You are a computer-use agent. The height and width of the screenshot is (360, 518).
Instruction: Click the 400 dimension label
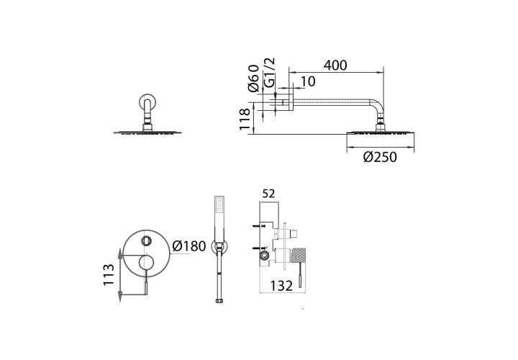point(335,66)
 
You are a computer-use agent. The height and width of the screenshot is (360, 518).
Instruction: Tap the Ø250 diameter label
point(380,157)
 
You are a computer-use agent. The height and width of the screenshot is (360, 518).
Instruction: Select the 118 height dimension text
point(245,120)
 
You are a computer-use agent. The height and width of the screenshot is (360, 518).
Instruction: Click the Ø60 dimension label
point(253,78)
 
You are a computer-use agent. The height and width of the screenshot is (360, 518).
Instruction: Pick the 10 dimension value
point(308,81)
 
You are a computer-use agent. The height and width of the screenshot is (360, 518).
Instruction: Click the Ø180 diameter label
point(189,246)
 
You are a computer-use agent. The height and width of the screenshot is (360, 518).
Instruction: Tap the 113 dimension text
point(109,275)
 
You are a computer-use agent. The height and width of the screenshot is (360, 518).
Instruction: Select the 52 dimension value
point(268,194)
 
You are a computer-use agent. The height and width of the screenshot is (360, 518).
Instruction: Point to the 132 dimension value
point(281,286)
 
